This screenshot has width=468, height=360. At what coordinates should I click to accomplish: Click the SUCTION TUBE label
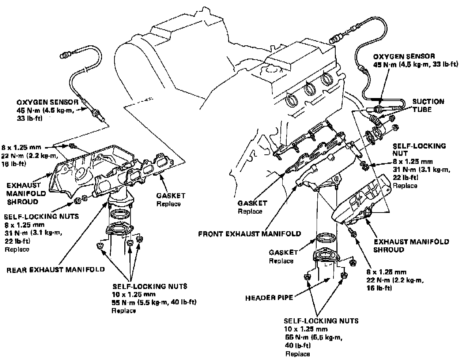point(428,105)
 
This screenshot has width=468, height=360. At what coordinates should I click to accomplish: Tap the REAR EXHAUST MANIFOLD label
point(56,270)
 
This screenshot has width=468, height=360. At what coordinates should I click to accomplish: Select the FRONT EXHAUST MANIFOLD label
point(249,233)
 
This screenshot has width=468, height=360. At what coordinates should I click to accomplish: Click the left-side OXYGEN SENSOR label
point(46,102)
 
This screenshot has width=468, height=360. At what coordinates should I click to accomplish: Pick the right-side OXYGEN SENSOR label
point(404,56)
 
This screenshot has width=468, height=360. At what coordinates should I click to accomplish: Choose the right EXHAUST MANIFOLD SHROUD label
point(411,245)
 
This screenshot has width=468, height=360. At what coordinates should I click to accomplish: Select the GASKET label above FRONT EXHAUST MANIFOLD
point(252,203)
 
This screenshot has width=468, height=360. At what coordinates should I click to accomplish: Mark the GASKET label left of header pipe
point(283,252)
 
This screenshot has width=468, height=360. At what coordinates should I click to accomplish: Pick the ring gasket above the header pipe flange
point(326,238)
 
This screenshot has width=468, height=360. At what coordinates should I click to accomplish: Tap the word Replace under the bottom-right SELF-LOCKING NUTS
point(297,353)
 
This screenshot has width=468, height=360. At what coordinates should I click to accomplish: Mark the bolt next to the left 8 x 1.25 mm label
point(72,147)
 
